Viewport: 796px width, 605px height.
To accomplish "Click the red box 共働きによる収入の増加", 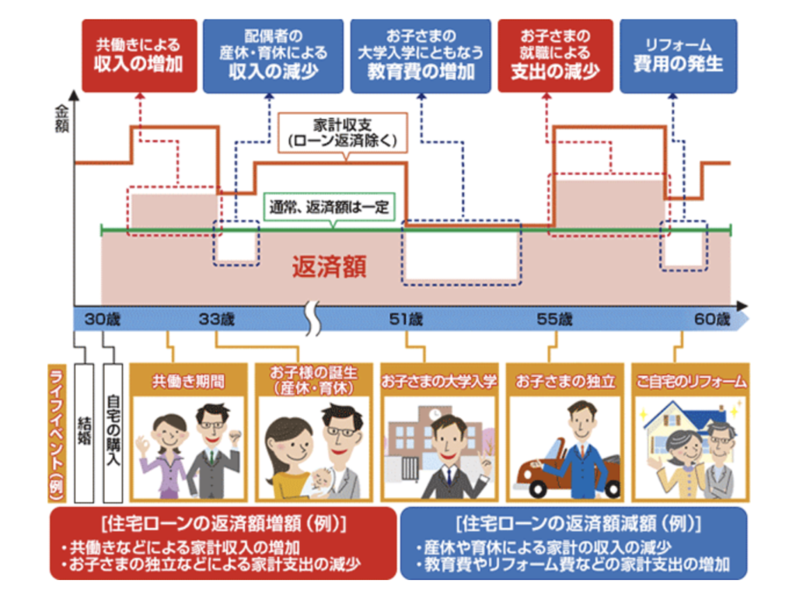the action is click(x=140, y=56).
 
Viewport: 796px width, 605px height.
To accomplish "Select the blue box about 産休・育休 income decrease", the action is click(x=273, y=56).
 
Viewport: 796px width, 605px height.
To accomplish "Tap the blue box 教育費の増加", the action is click(x=421, y=56).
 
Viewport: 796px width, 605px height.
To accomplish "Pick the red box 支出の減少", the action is click(x=555, y=56).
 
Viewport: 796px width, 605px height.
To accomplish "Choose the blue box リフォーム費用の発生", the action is click(x=678, y=56).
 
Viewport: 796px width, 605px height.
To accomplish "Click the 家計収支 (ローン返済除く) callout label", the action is click(x=343, y=132).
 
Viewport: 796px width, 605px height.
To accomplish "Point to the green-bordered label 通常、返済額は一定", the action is click(x=329, y=208).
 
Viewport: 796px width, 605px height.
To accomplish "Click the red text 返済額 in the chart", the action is click(x=329, y=266).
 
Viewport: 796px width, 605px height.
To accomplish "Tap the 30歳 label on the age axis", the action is click(x=102, y=319).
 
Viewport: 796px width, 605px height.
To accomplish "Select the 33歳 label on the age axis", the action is click(x=217, y=319).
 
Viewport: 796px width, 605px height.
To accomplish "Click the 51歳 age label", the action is click(x=406, y=319).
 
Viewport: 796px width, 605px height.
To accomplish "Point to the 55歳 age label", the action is click(x=554, y=319).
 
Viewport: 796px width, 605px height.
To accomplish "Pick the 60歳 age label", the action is click(x=712, y=319).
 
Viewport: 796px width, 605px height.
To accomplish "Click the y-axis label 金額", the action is click(x=61, y=119).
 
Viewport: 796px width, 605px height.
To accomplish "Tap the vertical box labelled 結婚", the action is click(x=84, y=433).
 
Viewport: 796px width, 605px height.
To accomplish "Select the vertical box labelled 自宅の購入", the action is click(x=113, y=433).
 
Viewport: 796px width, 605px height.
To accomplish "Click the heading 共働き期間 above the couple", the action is click(x=188, y=381).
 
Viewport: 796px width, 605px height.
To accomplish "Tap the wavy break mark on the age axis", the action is click(x=314, y=319).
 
